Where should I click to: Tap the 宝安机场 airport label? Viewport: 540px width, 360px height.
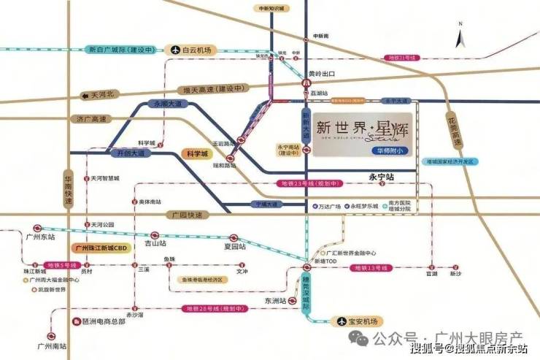(x=355, y=321)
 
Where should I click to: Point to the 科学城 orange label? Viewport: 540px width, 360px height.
(x=195, y=154)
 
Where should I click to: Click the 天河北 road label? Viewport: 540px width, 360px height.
(x=101, y=95)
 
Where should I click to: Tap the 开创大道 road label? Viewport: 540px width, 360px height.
(x=121, y=154)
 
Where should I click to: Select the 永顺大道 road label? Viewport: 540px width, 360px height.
(x=166, y=104)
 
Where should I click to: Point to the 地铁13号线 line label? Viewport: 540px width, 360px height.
(x=369, y=269)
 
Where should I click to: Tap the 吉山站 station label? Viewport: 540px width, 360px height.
(x=155, y=242)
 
